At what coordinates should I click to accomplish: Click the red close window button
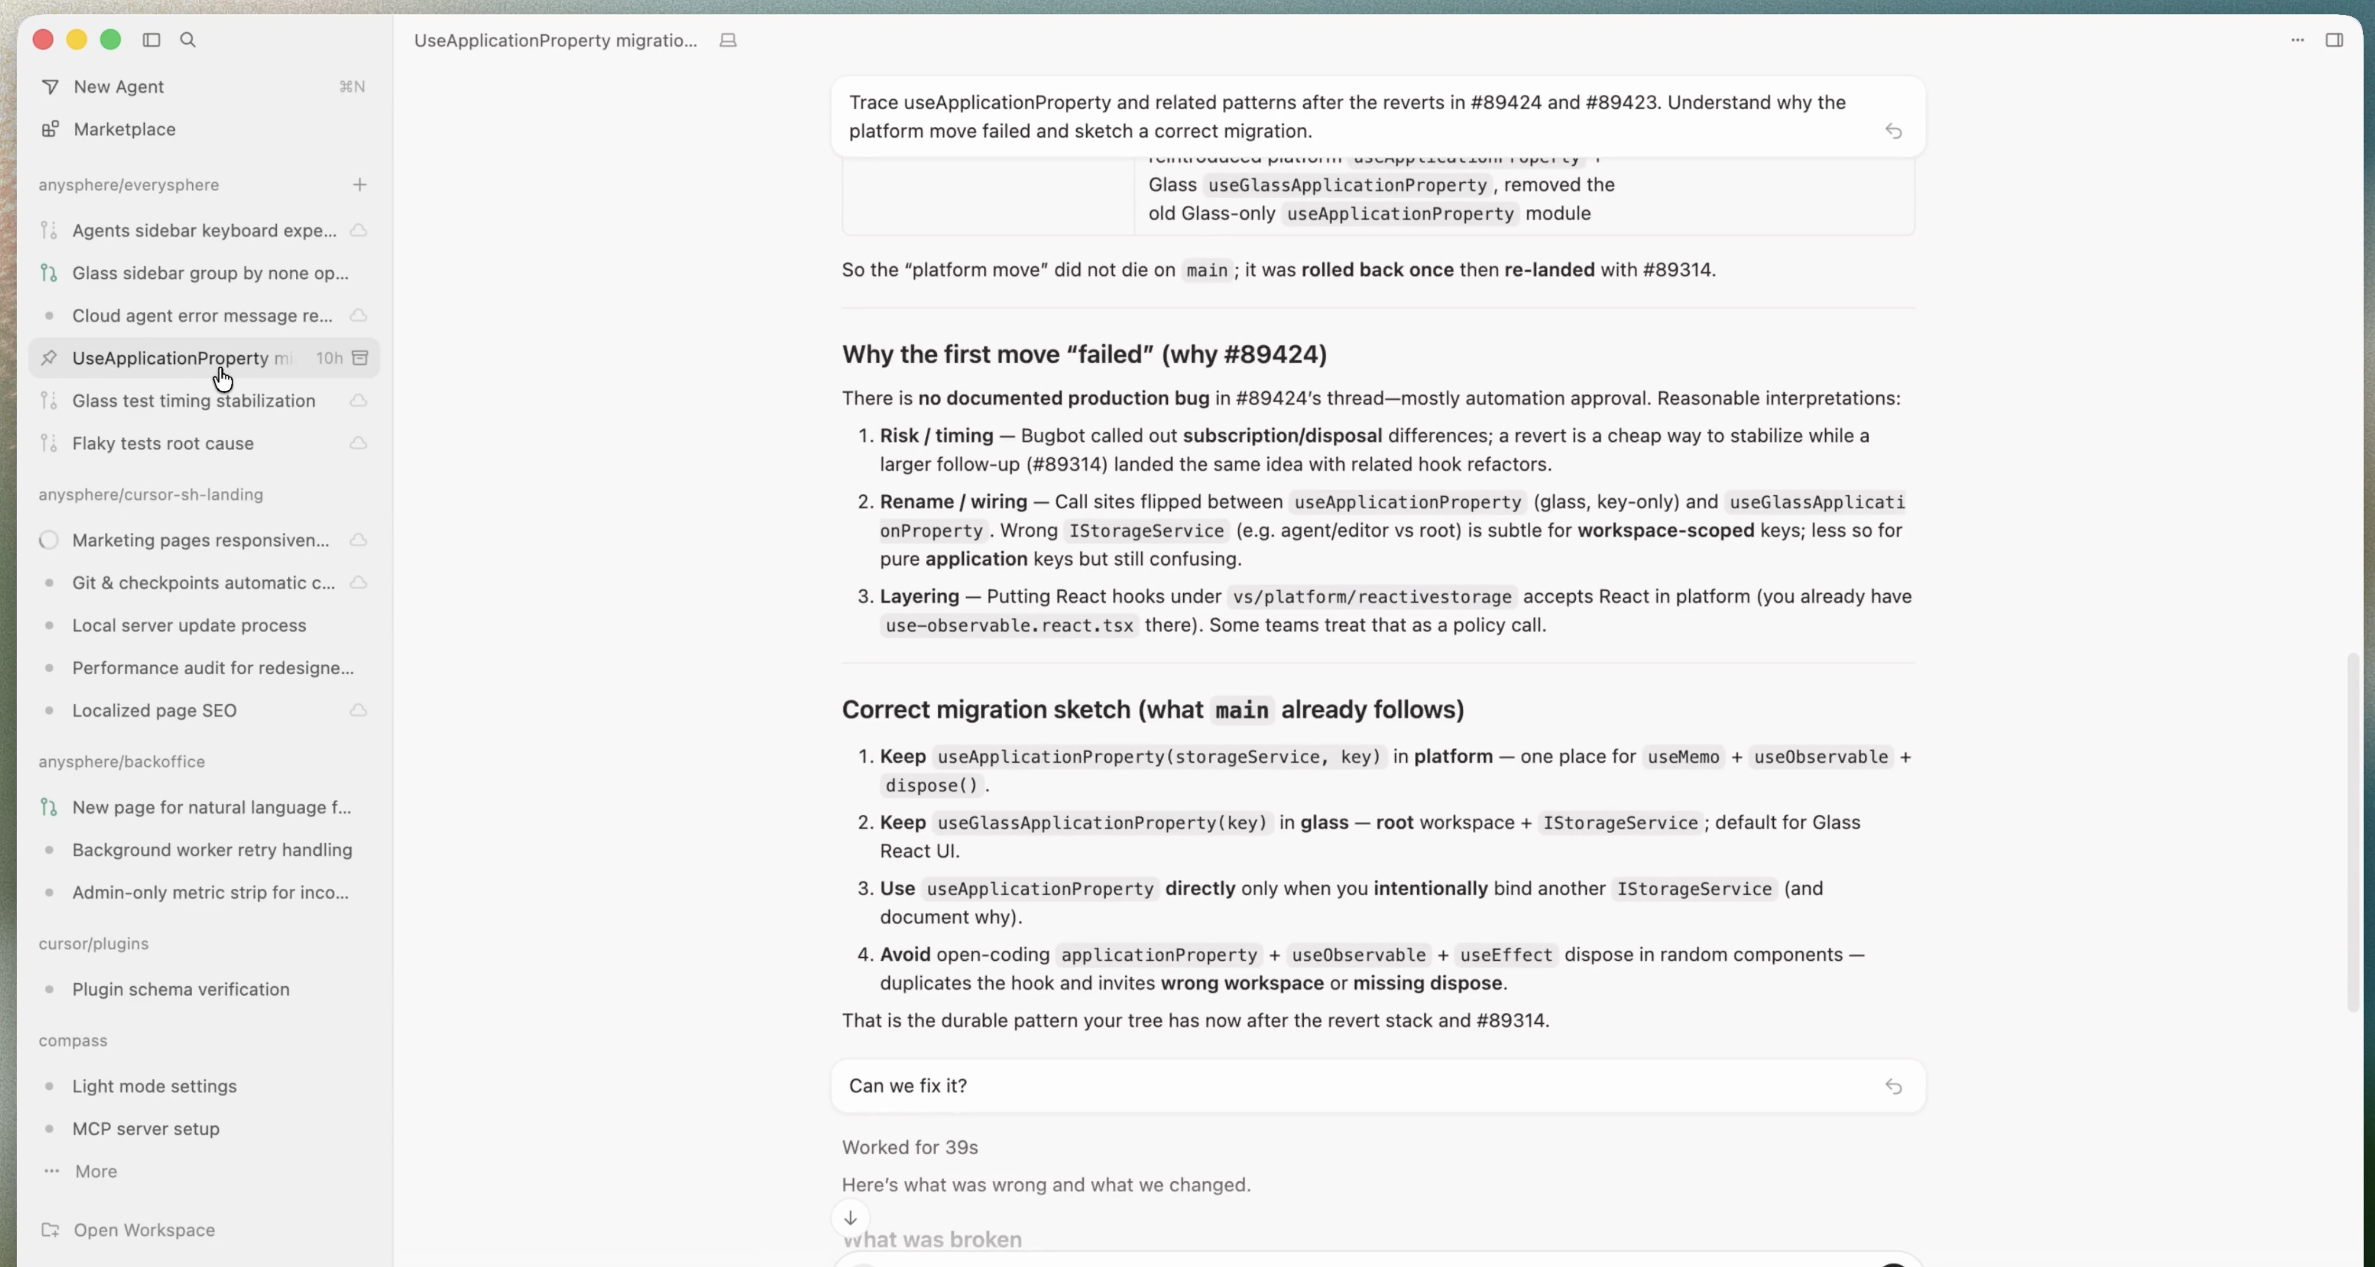tap(42, 40)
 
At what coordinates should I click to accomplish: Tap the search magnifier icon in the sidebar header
tap(188, 40)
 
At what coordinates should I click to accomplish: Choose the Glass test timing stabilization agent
tap(194, 400)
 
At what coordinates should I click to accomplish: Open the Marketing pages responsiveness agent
tap(200, 540)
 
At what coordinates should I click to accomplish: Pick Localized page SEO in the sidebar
tap(154, 710)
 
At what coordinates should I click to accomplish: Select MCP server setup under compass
tap(146, 1129)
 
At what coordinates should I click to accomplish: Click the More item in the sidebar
tap(96, 1171)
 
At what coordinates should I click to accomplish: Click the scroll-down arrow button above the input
tap(850, 1217)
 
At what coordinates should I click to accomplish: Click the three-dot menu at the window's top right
tap(2297, 40)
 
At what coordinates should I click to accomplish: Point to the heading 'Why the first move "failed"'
tap(1083, 355)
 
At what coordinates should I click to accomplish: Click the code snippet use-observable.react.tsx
tap(1009, 625)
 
